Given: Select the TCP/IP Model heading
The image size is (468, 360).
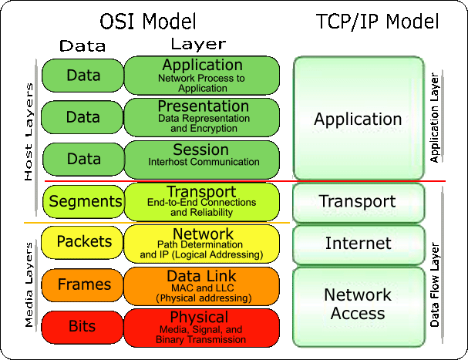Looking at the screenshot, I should [x=378, y=20].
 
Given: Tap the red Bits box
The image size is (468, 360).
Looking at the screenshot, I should [x=82, y=327].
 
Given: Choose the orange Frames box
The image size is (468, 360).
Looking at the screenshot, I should [x=82, y=284].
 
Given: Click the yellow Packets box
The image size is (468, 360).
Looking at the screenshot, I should [x=82, y=242].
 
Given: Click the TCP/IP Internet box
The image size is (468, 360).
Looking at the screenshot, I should [x=359, y=244].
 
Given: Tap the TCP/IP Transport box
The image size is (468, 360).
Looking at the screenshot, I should [x=359, y=202].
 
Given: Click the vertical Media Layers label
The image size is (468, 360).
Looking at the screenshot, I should [x=29, y=284].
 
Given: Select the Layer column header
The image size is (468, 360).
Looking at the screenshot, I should [x=197, y=45].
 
